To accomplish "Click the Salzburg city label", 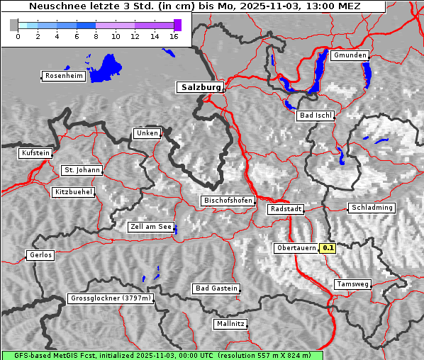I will coord(200,87).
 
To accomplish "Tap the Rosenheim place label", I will coord(63,76).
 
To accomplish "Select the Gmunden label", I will coord(350,55).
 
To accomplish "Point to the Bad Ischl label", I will coord(315,116).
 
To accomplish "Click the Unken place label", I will coord(146,133).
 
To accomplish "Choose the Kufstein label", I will coord(35,153).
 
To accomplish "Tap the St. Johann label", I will coord(82,170).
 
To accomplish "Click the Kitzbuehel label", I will coord(73,192).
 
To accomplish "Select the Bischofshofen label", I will coord(228,201).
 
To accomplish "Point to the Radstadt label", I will coord(286,209).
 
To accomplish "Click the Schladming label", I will coord(371,208).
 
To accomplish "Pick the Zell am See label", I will coord(150,227).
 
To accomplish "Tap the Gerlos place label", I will coord(40,255).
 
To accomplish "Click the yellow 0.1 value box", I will coord(328,248).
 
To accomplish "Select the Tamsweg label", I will coord(352,284).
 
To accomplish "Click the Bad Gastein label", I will coord(216,288).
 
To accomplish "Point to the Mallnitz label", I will coord(230,324).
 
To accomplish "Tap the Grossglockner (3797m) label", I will coord(111,299).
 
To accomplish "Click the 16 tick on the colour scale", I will coord(174,36).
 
